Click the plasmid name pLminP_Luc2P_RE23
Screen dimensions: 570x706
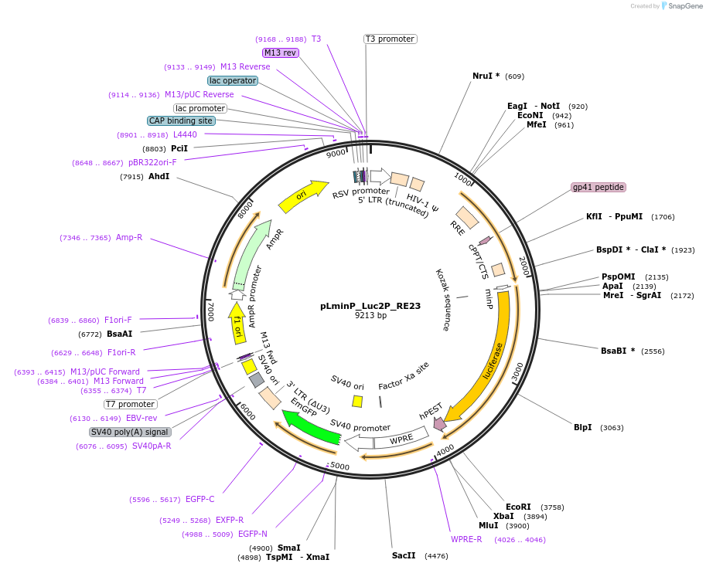[370, 306]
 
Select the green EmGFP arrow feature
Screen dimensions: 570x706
[311, 428]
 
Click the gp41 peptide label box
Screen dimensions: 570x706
[598, 188]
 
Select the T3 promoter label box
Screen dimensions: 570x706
[390, 39]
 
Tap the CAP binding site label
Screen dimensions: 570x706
[181, 120]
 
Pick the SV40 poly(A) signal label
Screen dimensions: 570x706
[130, 432]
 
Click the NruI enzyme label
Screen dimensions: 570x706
[486, 76]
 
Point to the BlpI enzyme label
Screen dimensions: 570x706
[582, 427]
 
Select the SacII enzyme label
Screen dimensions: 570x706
[404, 555]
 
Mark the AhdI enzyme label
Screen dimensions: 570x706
[159, 177]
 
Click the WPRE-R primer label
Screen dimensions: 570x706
[466, 539]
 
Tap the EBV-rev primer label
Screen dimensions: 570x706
[142, 418]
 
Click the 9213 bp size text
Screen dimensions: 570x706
[370, 316]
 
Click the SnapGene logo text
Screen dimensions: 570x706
[684, 6]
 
